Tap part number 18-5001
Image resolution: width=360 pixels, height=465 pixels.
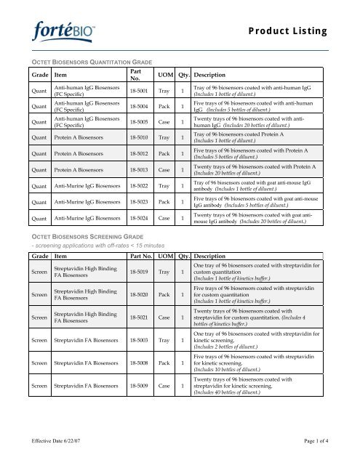[143, 92]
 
